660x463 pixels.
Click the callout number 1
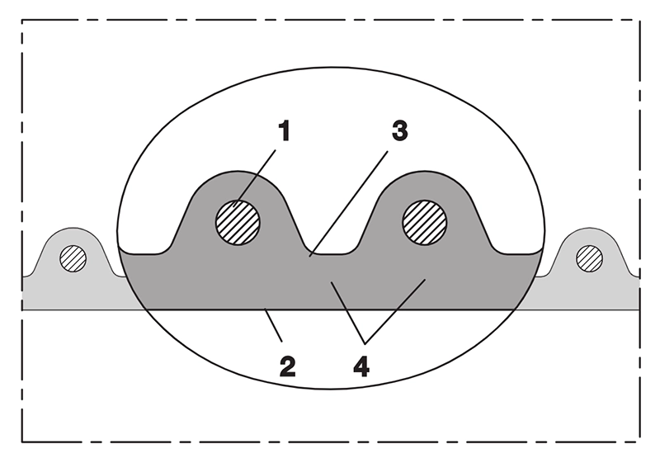[x=285, y=130]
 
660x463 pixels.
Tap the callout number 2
[x=287, y=366]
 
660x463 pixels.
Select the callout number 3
[x=399, y=130]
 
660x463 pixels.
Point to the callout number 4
[x=361, y=366]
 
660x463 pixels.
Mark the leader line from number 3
[x=348, y=204]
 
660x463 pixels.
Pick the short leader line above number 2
[x=273, y=324]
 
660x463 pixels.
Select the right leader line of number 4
[x=395, y=311]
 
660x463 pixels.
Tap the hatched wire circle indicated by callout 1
[x=238, y=222]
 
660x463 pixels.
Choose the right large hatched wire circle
[x=425, y=222]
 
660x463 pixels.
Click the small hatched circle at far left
[x=73, y=258]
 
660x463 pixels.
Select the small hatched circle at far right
[x=589, y=258]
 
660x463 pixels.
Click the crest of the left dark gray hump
[x=238, y=172]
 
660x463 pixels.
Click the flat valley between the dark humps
[x=332, y=254]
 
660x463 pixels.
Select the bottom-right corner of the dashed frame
[x=639, y=442]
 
